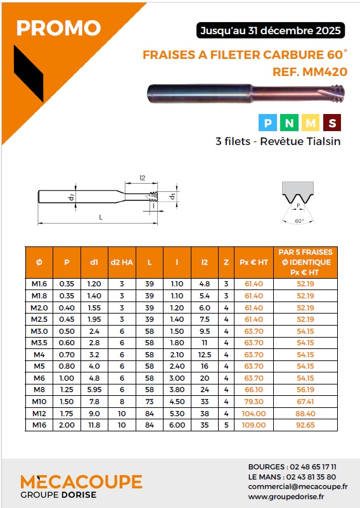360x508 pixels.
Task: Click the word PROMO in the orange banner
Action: (59, 28)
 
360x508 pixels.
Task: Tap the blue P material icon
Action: (267, 122)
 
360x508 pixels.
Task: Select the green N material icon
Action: (289, 122)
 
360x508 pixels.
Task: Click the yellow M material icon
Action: (311, 122)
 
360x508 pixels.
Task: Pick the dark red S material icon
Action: (332, 122)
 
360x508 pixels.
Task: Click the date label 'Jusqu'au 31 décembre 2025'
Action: (271, 31)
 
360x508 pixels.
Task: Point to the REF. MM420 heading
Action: (310, 72)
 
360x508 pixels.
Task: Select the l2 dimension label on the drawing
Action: (142, 178)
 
